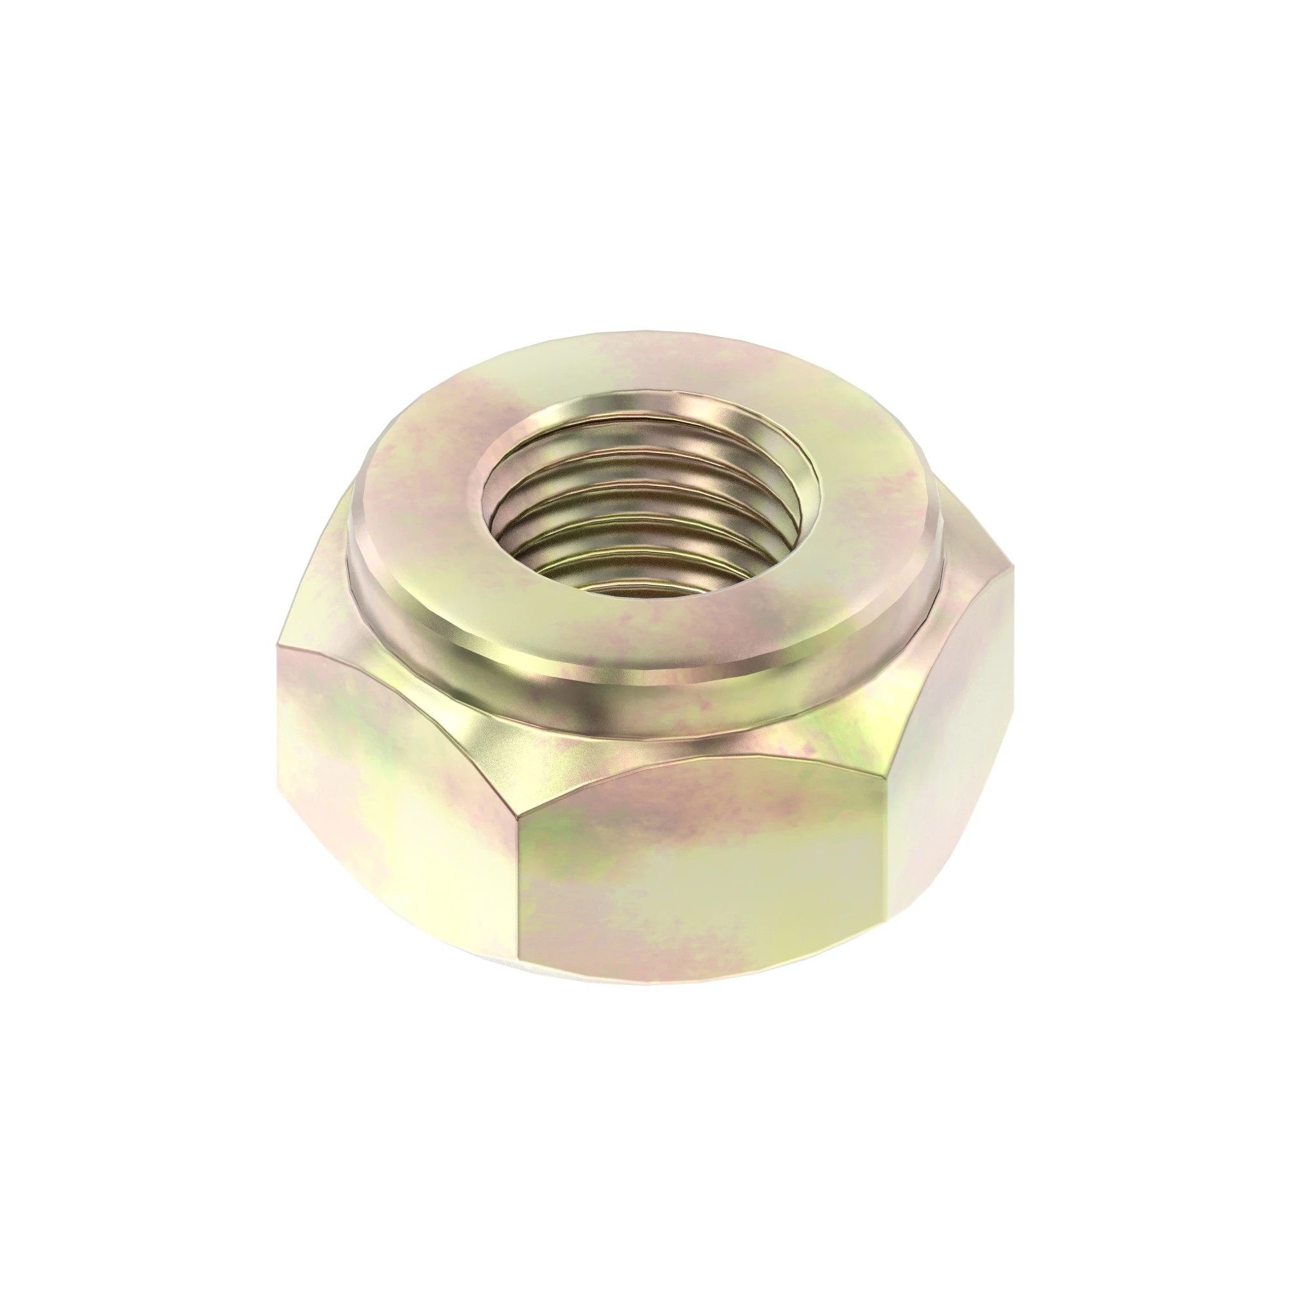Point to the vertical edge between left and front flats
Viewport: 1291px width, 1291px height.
520,889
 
